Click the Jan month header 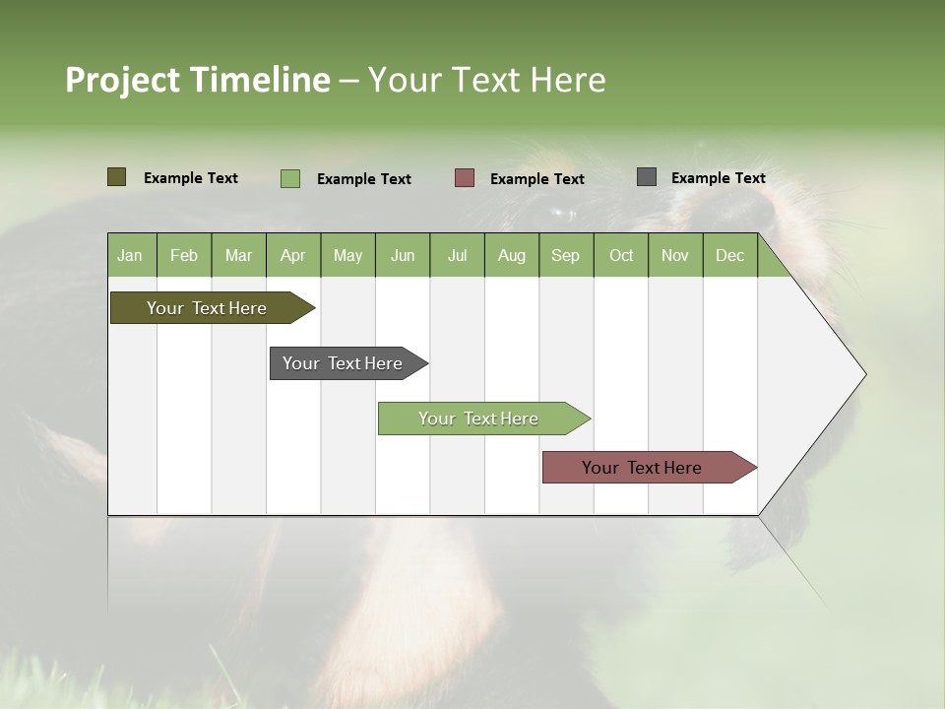point(130,255)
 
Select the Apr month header point(292,255)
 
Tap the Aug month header point(511,255)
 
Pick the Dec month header point(729,255)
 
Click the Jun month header point(402,255)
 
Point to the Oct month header point(620,255)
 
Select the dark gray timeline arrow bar point(345,363)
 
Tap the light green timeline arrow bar point(480,419)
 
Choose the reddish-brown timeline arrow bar point(645,468)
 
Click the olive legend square point(116,177)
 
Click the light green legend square point(289,178)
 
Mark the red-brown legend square point(465,178)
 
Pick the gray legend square point(646,177)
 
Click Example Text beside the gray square point(718,178)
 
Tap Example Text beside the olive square point(190,178)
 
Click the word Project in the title point(124,80)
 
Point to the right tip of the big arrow point(864,374)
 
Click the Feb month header point(183,255)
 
